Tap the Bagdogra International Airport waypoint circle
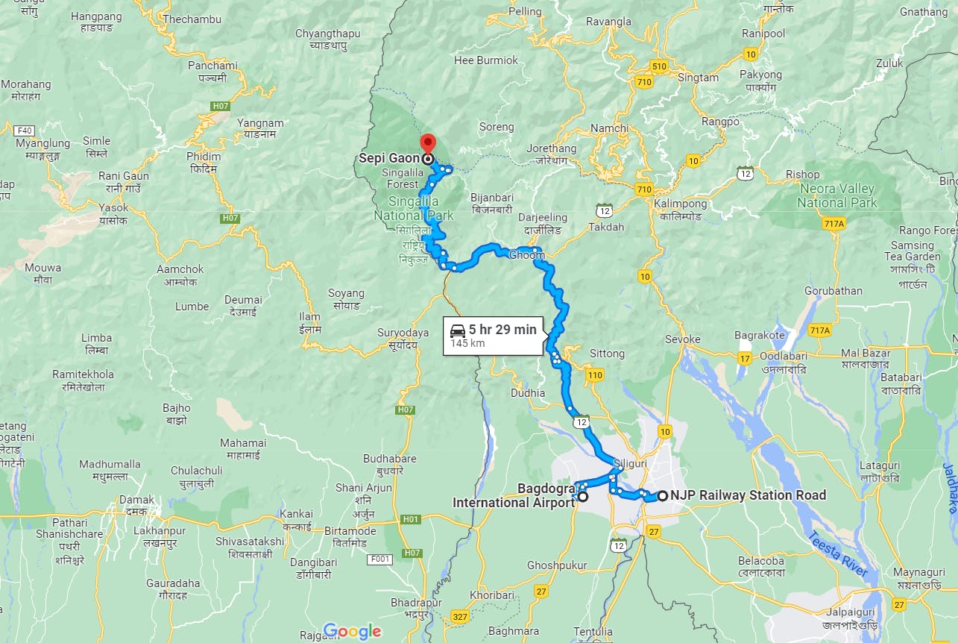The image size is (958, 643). [583, 496]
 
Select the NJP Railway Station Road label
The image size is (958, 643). [748, 495]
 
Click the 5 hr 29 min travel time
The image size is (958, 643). [502, 329]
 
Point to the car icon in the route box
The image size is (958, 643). [458, 330]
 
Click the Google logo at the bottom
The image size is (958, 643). [353, 631]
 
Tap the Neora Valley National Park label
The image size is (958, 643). [837, 195]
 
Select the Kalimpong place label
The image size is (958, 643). [680, 204]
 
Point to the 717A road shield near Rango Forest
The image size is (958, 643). [834, 224]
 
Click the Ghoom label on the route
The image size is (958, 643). [526, 255]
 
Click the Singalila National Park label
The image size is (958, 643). [414, 209]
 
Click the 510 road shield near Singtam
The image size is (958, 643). [658, 66]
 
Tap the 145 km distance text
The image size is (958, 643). [467, 344]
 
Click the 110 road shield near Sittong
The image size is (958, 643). [594, 374]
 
